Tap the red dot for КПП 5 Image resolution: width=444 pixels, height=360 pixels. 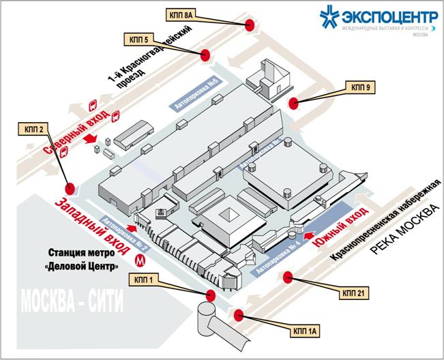(x=207, y=55)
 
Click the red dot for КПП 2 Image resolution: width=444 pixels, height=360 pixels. (x=69, y=189)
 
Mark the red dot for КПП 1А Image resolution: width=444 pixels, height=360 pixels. (x=239, y=314)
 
